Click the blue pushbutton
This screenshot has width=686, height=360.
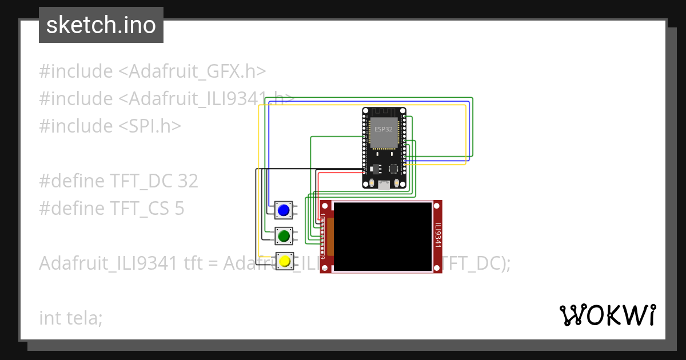(x=284, y=210)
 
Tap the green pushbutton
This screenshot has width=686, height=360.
(x=284, y=235)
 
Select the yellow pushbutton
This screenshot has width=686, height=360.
(x=284, y=262)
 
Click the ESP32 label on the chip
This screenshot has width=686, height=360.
(x=384, y=129)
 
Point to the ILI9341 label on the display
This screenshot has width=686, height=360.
(x=438, y=235)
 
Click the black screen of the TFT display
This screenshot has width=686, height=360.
(x=382, y=236)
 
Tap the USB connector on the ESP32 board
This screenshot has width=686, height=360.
(x=384, y=184)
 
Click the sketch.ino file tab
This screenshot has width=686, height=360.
(x=101, y=25)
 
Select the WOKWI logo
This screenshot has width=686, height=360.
(x=607, y=315)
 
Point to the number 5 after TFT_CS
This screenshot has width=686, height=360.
(x=179, y=209)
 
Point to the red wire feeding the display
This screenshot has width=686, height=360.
(x=343, y=172)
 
